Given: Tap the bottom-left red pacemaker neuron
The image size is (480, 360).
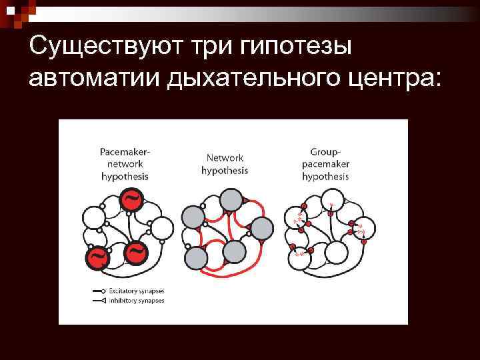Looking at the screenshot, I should (x=97, y=257).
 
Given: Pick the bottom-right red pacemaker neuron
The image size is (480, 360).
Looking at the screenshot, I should (x=136, y=252).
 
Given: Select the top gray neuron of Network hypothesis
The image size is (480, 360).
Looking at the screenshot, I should (x=231, y=199).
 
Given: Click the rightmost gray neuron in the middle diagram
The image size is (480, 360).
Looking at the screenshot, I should (x=261, y=229).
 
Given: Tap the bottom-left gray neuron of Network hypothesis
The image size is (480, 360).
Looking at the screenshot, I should (x=201, y=257).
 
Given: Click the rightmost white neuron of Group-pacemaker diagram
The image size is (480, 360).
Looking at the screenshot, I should (x=361, y=229).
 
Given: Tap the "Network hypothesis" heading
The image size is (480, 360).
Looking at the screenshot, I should (x=225, y=164).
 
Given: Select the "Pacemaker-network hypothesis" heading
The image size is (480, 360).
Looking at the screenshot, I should (x=125, y=164).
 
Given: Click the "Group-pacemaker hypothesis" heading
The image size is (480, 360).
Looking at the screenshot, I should (x=325, y=164).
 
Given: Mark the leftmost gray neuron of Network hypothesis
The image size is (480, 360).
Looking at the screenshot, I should (x=192, y=218).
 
